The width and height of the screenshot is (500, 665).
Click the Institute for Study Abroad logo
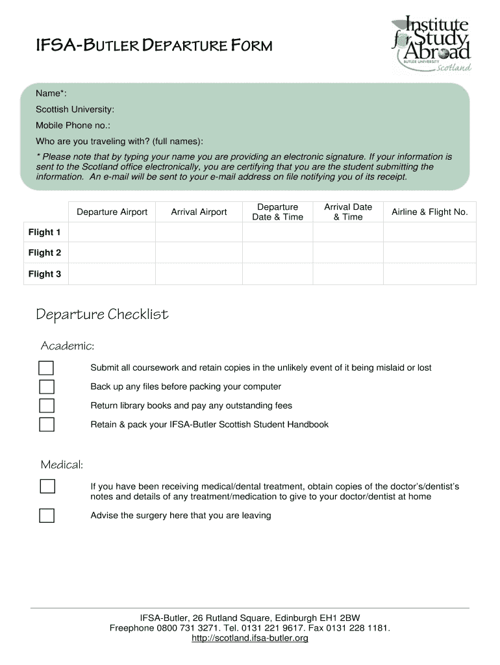click(x=431, y=44)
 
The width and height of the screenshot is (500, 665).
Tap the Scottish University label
click(x=75, y=109)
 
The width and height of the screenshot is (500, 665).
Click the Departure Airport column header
click(x=112, y=212)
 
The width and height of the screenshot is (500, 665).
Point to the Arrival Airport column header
click(x=199, y=212)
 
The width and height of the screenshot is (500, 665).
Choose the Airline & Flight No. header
click(x=429, y=212)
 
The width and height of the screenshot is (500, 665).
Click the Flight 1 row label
click(x=45, y=232)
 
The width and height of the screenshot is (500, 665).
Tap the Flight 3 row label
click(x=45, y=274)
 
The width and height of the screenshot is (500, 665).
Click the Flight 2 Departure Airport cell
click(x=112, y=253)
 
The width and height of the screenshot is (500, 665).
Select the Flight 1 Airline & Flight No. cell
click(x=429, y=232)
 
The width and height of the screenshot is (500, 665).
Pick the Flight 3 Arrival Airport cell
click(x=199, y=274)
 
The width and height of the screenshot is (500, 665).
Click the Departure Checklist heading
click(x=102, y=315)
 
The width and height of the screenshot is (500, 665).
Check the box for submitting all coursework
click(x=47, y=368)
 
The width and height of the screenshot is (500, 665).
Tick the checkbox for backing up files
click(x=47, y=387)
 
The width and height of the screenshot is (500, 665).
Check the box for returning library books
click(x=47, y=406)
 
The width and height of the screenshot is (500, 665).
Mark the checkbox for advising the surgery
click(x=47, y=516)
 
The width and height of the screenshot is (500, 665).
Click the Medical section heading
click(x=62, y=465)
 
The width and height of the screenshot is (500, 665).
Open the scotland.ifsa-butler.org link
click(x=250, y=638)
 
